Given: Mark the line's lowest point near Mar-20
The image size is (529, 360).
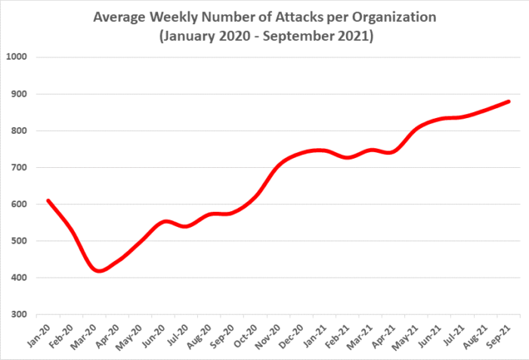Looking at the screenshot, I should pyautogui.click(x=100, y=271).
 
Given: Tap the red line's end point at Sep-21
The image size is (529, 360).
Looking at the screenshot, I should pyautogui.click(x=509, y=101).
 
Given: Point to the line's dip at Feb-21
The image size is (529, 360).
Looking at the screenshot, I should pyautogui.click(x=347, y=157).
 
